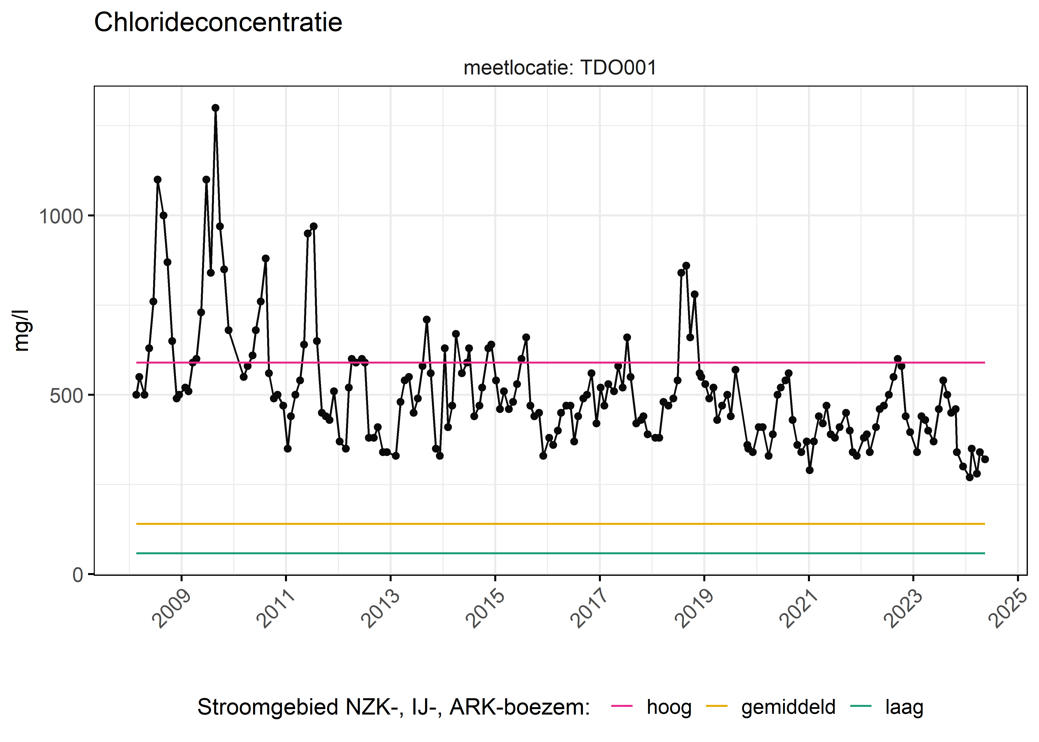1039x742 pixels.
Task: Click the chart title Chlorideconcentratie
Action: pyautogui.click(x=218, y=23)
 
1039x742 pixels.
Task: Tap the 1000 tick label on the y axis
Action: pyautogui.click(x=61, y=216)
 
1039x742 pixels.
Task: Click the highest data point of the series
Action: pyautogui.click(x=215, y=108)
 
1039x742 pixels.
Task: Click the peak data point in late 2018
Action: pyautogui.click(x=686, y=265)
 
